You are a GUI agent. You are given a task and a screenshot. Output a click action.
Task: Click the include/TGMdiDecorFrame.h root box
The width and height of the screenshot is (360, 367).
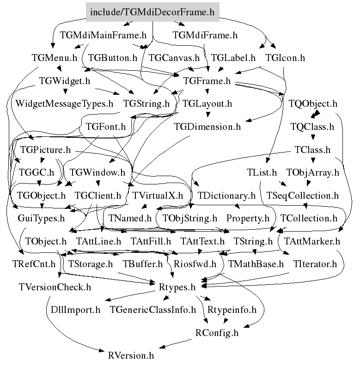153,12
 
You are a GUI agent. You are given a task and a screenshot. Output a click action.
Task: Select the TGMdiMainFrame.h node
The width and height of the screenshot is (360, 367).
103,35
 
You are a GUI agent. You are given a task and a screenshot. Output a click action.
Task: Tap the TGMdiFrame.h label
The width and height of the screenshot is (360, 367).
205,35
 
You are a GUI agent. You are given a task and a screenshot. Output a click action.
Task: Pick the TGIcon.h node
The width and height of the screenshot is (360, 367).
285,58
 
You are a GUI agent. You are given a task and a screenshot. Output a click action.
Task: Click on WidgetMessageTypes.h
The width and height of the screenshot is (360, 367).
64,104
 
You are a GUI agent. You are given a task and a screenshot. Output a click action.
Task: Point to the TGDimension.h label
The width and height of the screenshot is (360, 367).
207,127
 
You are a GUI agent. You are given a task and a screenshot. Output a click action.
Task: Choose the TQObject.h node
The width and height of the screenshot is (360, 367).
313,104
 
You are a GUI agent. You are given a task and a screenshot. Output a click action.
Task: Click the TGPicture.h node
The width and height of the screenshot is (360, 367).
45,150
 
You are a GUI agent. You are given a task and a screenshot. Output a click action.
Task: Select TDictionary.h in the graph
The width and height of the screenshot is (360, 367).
226,196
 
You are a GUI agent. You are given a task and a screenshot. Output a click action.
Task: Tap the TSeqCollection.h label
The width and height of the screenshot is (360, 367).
303,196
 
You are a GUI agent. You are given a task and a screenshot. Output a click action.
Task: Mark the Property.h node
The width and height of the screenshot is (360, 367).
248,218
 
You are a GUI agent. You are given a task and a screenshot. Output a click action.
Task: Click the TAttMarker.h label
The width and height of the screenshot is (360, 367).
312,241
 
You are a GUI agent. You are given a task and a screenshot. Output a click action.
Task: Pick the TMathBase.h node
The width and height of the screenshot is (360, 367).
256,264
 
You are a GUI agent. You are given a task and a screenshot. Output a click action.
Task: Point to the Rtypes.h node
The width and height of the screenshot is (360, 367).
177,287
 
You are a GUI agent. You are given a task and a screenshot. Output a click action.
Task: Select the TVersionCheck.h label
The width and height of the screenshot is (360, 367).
55,287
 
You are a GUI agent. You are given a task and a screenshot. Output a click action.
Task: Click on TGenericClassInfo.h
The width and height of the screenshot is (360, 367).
153,310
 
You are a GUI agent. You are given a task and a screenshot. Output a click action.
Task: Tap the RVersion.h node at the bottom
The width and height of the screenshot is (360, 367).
131,356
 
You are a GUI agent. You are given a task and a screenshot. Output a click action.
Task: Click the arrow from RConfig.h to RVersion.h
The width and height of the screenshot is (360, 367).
175,343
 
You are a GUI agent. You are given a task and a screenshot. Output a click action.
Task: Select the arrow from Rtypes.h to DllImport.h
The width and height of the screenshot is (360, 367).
130,296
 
